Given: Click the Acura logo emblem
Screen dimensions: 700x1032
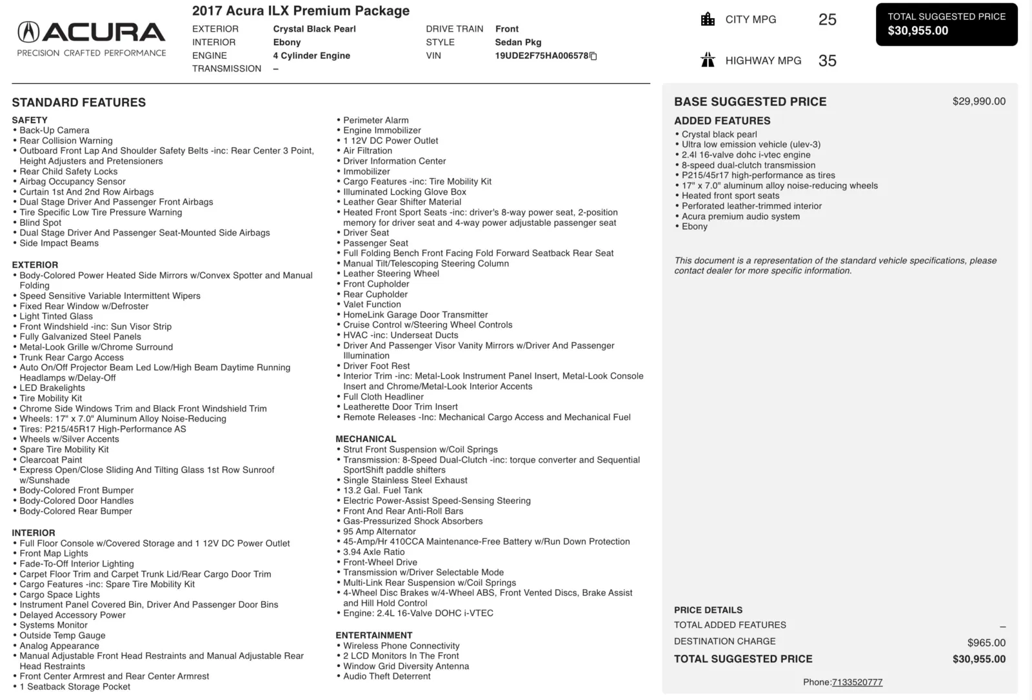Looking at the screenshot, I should (28, 32).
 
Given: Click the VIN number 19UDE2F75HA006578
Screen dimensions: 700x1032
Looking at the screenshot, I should (541, 55).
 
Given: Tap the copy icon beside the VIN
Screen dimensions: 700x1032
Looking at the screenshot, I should (594, 56).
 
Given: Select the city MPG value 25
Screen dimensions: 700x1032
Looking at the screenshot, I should (827, 19).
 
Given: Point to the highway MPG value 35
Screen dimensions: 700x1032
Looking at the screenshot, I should (827, 61).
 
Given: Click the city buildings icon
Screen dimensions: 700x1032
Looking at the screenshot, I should (708, 19).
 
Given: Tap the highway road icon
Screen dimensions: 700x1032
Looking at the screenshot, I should (708, 61).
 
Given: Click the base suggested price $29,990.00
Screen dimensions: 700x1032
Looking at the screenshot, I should (978, 101).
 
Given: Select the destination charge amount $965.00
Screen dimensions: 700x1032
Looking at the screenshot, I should (986, 643).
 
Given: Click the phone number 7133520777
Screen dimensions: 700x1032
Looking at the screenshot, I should (857, 682).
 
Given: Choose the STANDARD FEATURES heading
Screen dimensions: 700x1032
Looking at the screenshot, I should (79, 103).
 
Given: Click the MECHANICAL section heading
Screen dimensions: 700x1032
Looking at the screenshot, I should (366, 439).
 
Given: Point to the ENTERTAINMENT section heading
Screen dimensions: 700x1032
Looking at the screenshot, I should (374, 635).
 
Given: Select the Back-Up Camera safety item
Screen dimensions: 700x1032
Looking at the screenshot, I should (54, 130).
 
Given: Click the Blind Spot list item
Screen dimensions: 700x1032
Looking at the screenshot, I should (40, 223).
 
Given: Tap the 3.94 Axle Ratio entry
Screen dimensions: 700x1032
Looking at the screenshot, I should (373, 552).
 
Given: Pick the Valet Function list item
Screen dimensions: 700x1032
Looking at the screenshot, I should (372, 305).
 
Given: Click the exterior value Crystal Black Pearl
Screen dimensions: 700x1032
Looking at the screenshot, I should (314, 29).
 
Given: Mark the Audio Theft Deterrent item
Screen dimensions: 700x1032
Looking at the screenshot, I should (386, 676).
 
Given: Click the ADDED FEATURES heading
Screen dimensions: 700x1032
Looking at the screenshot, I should (722, 121).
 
